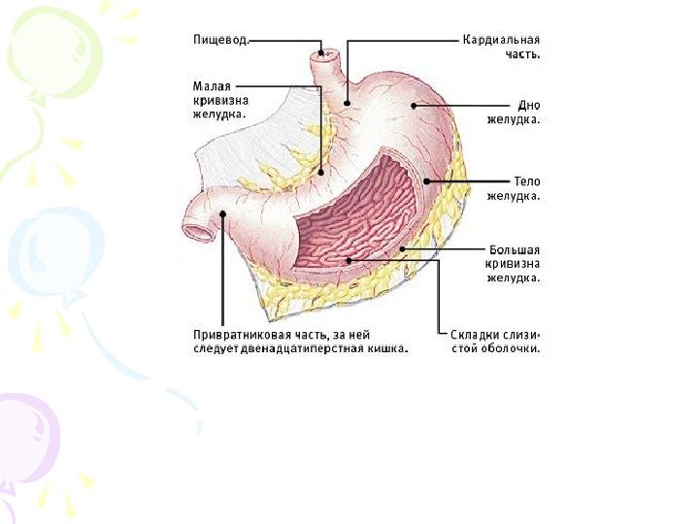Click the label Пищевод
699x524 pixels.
[217, 41]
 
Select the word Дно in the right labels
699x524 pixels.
[527, 104]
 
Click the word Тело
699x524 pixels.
[525, 180]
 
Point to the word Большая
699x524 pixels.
[513, 248]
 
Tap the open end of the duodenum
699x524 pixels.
[198, 232]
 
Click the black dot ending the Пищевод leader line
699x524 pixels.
[321, 51]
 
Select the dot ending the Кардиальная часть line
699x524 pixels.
[347, 101]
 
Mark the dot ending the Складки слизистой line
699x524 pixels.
[348, 259]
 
